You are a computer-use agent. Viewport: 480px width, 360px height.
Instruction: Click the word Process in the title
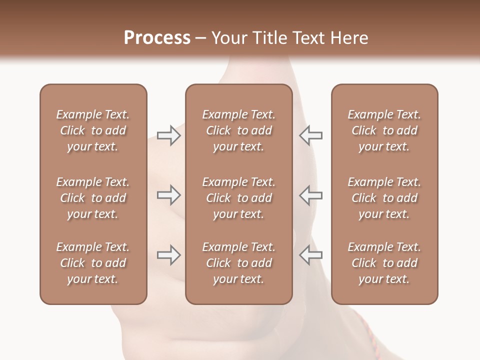click(x=157, y=38)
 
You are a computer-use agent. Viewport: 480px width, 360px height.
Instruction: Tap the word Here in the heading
click(x=350, y=38)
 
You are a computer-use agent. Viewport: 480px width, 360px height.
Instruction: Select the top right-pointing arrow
click(x=168, y=135)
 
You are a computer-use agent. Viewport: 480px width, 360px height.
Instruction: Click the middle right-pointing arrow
click(x=168, y=195)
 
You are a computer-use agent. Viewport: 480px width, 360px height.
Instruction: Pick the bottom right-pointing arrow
click(x=168, y=255)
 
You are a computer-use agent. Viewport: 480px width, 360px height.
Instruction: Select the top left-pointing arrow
click(x=310, y=135)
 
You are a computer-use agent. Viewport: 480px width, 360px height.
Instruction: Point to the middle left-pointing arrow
click(x=310, y=195)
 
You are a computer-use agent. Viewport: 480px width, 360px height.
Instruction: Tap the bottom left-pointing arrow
click(x=310, y=255)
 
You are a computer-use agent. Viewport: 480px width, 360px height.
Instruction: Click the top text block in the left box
click(x=93, y=130)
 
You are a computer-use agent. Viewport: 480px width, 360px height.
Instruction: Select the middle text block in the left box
click(x=93, y=198)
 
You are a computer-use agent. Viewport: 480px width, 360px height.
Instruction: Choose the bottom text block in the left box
click(x=93, y=263)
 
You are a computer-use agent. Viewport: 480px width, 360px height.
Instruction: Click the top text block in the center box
click(x=238, y=130)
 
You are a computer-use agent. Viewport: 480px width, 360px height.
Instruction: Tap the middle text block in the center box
click(x=238, y=198)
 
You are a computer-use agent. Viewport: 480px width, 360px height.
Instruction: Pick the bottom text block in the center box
click(x=238, y=263)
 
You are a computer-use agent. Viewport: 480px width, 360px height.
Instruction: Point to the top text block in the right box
click(x=384, y=130)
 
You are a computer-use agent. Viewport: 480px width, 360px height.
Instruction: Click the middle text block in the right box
click(x=384, y=198)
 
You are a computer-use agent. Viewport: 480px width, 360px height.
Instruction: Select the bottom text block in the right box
click(x=384, y=263)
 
